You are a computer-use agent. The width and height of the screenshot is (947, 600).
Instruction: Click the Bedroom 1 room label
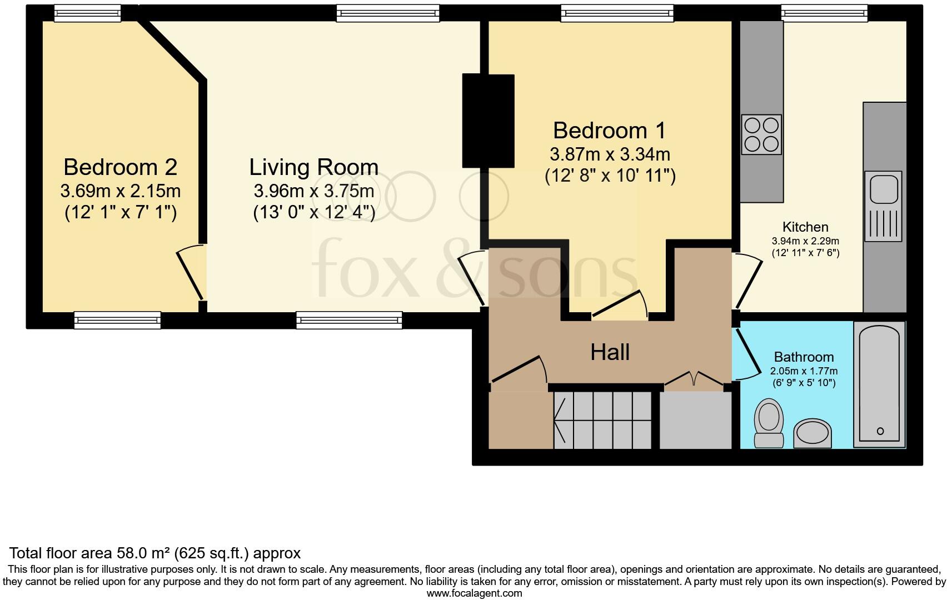coord(609,131)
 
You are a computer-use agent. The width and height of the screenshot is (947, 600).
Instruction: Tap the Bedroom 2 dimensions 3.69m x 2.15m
coord(120,191)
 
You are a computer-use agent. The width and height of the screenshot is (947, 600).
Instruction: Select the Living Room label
coord(313,167)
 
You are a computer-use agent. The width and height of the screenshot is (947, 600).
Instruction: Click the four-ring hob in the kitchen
coord(761,134)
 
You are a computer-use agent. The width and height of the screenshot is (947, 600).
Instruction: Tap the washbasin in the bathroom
coord(813,434)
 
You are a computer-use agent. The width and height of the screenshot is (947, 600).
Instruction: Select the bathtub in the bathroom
coord(879,384)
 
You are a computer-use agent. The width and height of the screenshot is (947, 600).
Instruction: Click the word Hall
coord(610,352)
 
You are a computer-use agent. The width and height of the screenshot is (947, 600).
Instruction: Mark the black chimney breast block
coord(488,121)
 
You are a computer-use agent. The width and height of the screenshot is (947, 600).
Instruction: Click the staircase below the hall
coord(602,420)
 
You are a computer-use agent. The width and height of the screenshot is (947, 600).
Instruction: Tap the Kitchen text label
coord(805,227)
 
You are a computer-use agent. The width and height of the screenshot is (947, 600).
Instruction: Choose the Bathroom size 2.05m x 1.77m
coord(804,371)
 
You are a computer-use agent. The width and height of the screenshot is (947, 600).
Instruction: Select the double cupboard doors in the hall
coord(694,379)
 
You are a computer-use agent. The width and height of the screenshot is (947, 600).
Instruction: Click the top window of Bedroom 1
coord(617,13)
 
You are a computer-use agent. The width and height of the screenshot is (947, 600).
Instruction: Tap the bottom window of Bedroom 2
coord(117,320)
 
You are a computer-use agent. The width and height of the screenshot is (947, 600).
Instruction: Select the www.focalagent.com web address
coord(474,593)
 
